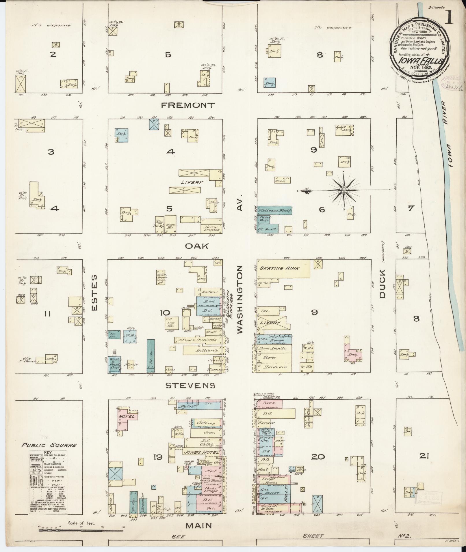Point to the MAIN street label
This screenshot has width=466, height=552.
click(x=198, y=525)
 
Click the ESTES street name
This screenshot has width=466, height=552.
click(x=95, y=293)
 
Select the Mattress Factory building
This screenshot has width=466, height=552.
click(x=275, y=211)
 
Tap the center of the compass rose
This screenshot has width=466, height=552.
click(x=344, y=190)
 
